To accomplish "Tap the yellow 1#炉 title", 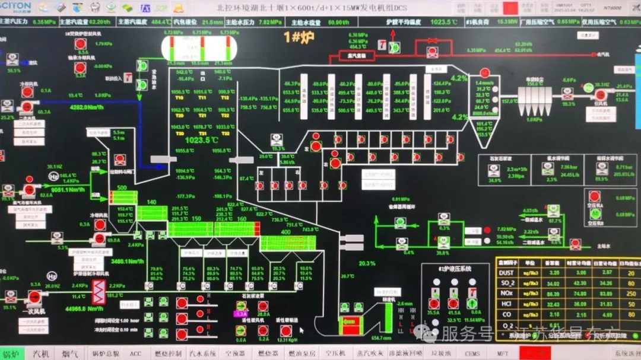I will [299, 37].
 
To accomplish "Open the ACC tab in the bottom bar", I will [136, 353].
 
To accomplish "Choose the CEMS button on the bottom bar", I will [472, 353].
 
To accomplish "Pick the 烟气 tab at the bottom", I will [71, 353].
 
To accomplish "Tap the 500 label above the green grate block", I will [123, 187].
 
